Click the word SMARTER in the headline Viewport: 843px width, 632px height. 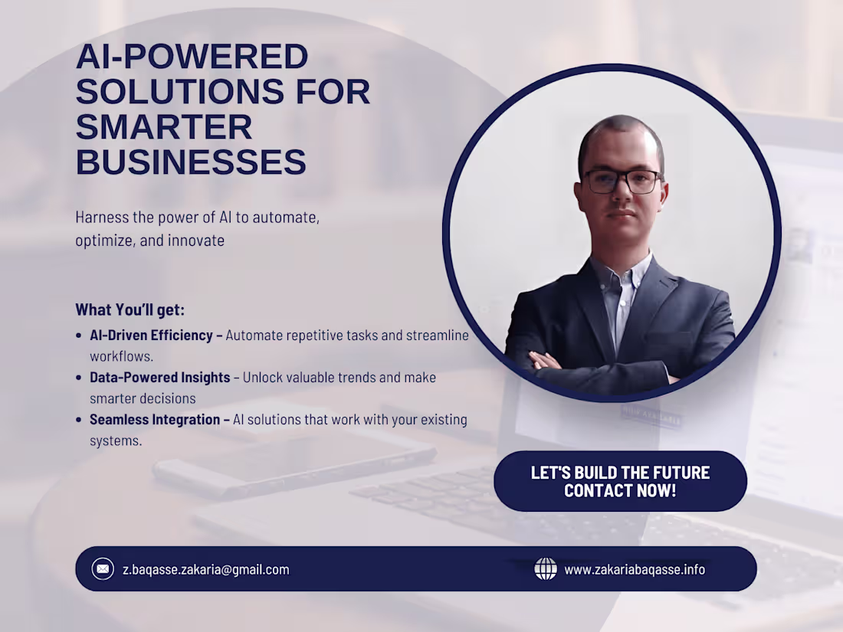[164, 127]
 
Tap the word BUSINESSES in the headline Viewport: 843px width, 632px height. [191, 162]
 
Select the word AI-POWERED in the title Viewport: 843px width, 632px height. [192, 57]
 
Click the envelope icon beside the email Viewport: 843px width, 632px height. [103, 569]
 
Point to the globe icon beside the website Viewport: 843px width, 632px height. [546, 569]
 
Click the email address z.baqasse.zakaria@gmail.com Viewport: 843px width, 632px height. [205, 569]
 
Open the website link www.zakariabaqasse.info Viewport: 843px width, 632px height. [635, 569]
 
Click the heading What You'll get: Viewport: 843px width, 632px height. [130, 310]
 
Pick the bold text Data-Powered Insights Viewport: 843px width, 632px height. [159, 377]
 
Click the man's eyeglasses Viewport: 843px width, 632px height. [621, 182]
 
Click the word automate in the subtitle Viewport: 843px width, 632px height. [285, 218]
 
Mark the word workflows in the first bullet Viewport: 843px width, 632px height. [120, 356]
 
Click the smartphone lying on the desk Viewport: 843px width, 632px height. [284, 460]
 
